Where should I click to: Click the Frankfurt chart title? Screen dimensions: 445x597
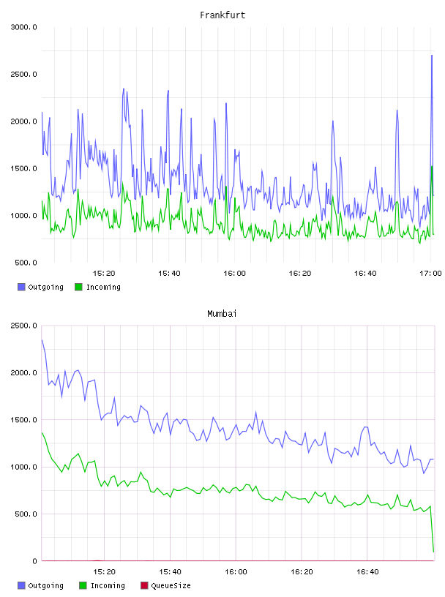[222, 15]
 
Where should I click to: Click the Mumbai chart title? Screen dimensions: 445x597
[222, 314]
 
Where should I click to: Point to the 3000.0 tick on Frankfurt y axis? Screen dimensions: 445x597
[23, 27]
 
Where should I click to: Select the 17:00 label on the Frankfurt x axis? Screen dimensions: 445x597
[430, 273]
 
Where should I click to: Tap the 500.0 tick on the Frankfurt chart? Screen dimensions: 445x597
[26, 263]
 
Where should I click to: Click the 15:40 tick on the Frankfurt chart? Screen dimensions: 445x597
[169, 273]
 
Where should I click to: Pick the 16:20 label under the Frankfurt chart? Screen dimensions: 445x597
[300, 273]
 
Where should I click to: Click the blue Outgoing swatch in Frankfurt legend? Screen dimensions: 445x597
[21, 287]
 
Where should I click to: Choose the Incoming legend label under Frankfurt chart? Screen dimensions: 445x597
[103, 287]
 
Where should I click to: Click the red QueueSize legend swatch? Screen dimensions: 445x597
[144, 585]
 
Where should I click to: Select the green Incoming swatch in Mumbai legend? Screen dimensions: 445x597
[83, 585]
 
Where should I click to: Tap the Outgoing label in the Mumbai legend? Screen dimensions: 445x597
[45, 585]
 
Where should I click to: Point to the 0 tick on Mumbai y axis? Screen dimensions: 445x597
[34, 561]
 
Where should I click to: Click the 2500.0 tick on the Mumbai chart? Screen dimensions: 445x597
[23, 326]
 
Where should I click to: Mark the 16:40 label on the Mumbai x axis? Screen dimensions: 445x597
[367, 571]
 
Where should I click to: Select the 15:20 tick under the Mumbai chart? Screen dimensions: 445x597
[104, 571]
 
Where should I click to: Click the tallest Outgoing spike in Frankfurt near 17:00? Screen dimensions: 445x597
[432, 56]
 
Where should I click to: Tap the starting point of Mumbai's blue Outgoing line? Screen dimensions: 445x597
[42, 340]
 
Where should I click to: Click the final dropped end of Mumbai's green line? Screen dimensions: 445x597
[433, 552]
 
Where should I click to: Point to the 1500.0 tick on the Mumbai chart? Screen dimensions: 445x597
[23, 419]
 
